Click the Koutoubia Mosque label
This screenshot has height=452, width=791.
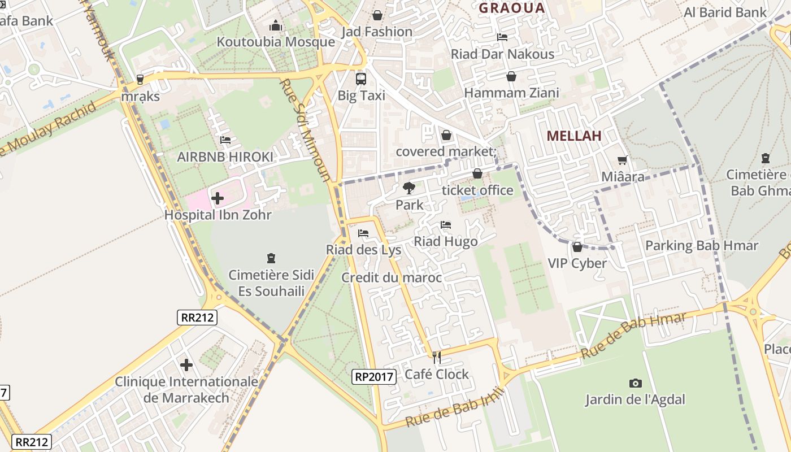[276, 42]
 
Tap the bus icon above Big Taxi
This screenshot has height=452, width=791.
[360, 79]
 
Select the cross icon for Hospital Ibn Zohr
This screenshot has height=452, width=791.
[218, 198]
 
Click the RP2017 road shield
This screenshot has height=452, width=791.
[374, 377]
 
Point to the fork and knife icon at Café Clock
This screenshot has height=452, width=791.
[436, 357]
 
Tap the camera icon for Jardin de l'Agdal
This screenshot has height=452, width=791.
[636, 383]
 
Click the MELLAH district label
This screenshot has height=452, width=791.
[574, 136]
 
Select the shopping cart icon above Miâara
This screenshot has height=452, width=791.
[623, 160]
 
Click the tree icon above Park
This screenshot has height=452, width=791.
[409, 188]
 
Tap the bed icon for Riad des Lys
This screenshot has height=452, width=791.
[363, 233]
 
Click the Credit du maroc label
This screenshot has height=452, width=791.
[391, 277]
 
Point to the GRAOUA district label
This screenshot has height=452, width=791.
[512, 8]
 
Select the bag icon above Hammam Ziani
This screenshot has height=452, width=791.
[511, 76]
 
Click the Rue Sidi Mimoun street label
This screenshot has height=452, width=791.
[305, 129]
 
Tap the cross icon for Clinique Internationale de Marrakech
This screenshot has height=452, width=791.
[186, 365]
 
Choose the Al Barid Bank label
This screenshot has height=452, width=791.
[725, 12]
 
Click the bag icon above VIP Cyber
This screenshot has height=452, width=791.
[577, 247]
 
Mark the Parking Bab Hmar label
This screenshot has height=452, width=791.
[701, 245]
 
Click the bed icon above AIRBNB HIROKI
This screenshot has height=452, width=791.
[225, 140]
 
